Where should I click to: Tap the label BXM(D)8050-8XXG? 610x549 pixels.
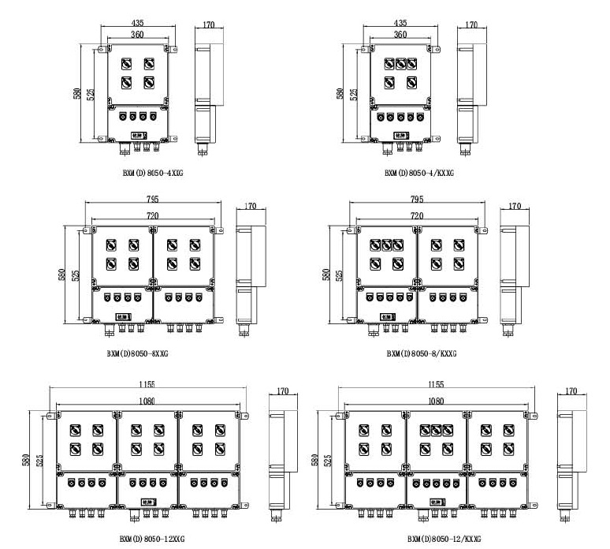138,353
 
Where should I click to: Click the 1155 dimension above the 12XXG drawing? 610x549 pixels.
146,384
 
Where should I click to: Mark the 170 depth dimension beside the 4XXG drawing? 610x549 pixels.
209,25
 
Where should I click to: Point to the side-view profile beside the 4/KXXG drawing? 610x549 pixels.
468,91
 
